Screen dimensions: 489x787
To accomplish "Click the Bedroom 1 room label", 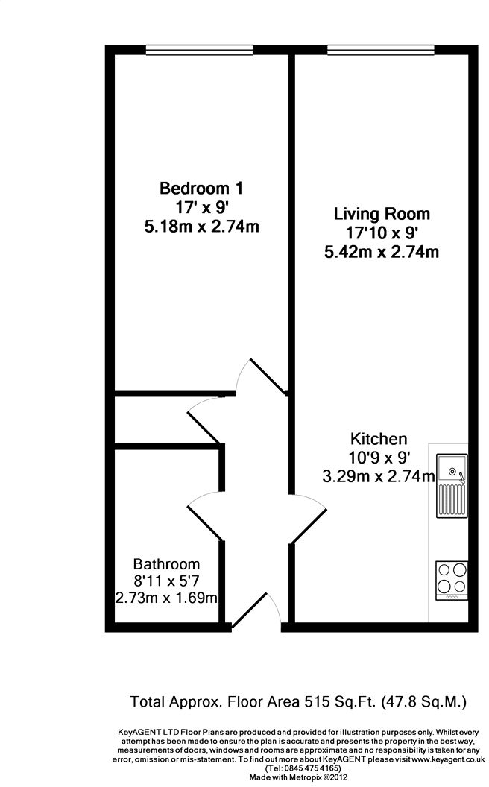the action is [201, 189].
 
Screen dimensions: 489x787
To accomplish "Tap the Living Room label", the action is [382, 214].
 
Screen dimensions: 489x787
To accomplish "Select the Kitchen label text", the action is [379, 439].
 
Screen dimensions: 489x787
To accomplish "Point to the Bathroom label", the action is [166, 564].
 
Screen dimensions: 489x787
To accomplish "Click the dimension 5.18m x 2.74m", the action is [202, 227].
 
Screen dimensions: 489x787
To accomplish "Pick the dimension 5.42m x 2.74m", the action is [382, 251].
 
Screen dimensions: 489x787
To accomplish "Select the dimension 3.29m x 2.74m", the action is [379, 475].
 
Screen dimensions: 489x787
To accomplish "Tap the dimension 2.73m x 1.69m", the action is [166, 598].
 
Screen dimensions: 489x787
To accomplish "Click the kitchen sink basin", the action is [452, 469].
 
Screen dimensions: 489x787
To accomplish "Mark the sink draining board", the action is [452, 500].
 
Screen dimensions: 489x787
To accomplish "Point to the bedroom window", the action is [199, 50].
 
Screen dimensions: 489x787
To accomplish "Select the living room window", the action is [381, 50].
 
